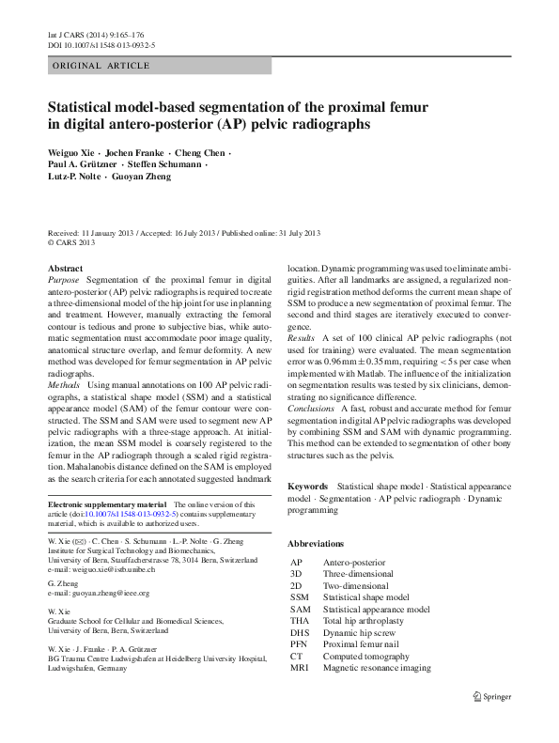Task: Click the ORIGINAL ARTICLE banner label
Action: tap(101, 66)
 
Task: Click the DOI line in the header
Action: tap(101, 44)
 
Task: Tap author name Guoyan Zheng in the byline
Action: tap(145, 176)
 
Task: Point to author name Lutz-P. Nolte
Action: tap(74, 176)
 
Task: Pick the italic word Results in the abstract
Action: tap(302, 336)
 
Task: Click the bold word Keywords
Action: tap(308, 487)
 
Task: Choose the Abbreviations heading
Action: tap(316, 544)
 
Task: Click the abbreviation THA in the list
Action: tap(300, 621)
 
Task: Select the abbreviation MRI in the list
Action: tap(300, 669)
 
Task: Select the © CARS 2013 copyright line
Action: tap(72, 242)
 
